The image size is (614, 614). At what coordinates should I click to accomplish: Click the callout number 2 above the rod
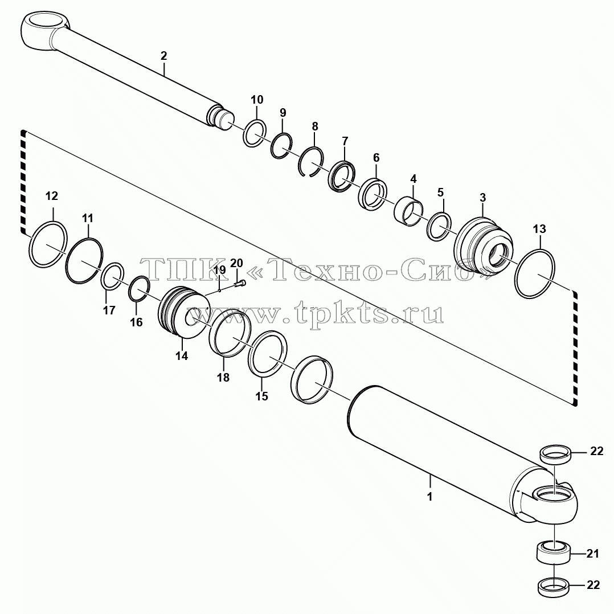click(163, 56)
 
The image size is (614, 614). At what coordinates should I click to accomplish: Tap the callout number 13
click(539, 229)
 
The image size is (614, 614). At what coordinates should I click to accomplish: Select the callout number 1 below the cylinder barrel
click(429, 497)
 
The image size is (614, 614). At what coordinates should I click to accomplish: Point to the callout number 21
click(592, 554)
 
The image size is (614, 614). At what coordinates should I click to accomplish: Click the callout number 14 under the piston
click(182, 356)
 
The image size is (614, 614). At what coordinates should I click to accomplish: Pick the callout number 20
click(236, 263)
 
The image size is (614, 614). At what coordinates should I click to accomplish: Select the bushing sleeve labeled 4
click(408, 212)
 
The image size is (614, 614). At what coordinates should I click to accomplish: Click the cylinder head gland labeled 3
click(483, 245)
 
